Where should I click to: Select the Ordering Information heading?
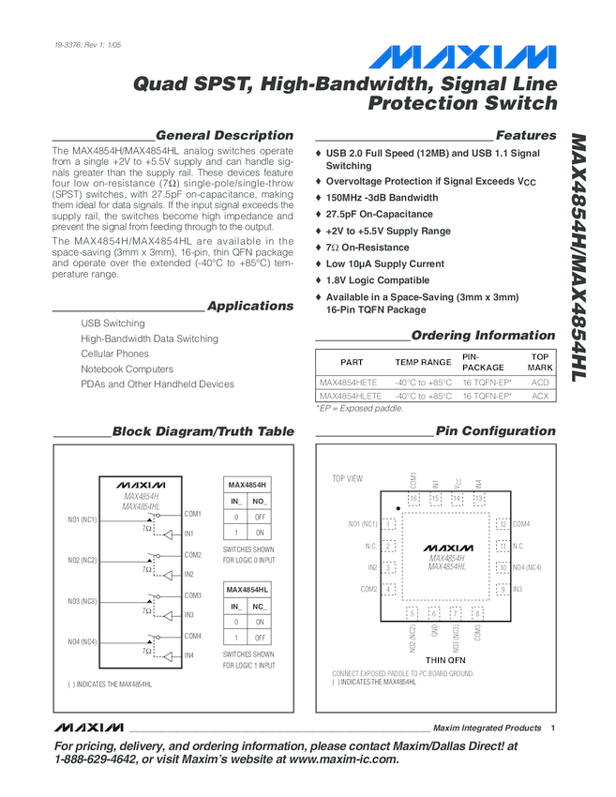point(483,336)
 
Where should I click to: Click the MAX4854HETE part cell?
point(348,383)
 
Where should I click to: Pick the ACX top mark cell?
point(539,397)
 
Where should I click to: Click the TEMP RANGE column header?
point(423,362)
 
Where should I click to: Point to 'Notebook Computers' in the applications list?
point(127,369)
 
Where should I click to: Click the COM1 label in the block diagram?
point(192,514)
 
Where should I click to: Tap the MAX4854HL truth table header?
point(248,589)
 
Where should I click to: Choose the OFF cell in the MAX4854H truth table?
point(262,517)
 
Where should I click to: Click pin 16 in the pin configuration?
point(413,499)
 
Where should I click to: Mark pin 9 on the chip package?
point(503,589)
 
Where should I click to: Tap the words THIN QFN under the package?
point(444,660)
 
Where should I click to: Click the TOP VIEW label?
point(347,478)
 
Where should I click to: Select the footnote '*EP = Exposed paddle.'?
point(359,409)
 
